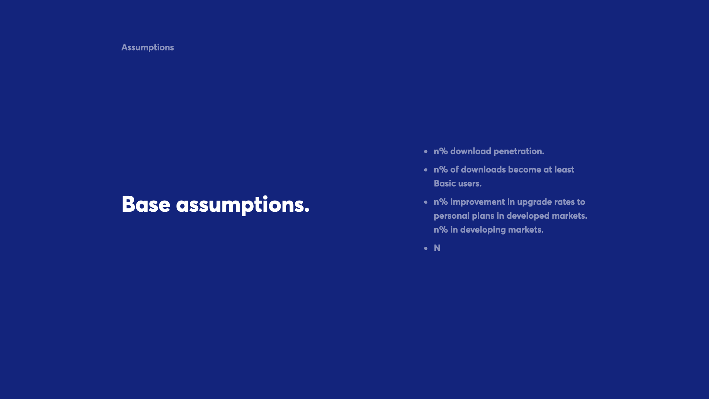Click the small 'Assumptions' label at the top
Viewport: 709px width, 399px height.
(x=148, y=48)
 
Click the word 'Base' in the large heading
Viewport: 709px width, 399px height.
(x=146, y=204)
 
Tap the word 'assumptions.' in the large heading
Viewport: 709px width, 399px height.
(x=243, y=205)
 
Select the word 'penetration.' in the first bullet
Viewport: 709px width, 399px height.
(x=519, y=151)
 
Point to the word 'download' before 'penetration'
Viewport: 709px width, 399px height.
(x=470, y=151)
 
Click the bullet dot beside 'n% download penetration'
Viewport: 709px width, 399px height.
(x=426, y=151)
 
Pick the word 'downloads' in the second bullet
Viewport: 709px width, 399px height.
(x=483, y=170)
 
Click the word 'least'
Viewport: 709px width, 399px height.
(x=564, y=170)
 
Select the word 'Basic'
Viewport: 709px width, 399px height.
(x=445, y=184)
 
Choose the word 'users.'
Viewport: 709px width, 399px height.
(x=470, y=184)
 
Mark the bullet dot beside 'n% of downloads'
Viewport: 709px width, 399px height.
(x=426, y=170)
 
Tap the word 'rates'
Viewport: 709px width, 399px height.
(x=563, y=202)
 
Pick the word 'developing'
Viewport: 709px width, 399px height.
(x=483, y=230)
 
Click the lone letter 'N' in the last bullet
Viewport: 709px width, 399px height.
(x=437, y=248)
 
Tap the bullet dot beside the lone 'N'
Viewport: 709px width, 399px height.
(x=426, y=248)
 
